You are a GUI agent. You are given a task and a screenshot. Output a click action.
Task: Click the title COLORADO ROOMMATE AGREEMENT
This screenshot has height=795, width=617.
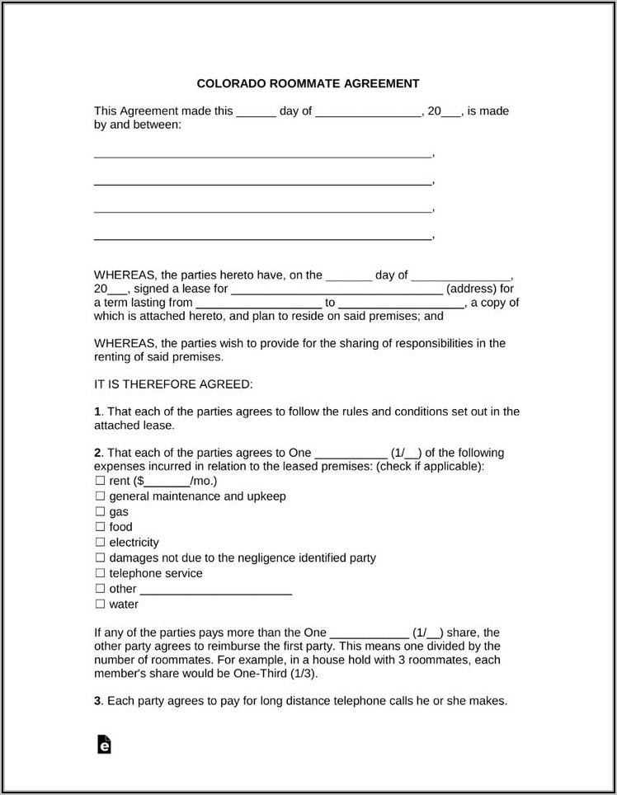click(x=308, y=83)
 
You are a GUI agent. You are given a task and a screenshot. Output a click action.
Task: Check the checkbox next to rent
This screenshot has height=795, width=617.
click(x=100, y=481)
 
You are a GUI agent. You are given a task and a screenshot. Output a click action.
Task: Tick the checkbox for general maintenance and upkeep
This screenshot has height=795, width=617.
click(x=100, y=496)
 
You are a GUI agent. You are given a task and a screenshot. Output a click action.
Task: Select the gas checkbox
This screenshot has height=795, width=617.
click(x=100, y=511)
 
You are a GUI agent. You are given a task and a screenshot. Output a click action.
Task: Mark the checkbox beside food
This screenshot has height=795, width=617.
click(x=100, y=527)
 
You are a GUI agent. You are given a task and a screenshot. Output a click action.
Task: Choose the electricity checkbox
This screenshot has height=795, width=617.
click(x=100, y=543)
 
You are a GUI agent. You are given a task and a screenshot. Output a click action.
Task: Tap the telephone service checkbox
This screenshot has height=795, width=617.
click(x=100, y=573)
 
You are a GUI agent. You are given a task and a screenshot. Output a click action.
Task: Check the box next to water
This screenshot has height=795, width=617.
click(x=100, y=604)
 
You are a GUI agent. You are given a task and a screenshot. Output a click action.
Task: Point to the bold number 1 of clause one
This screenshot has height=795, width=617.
click(x=97, y=412)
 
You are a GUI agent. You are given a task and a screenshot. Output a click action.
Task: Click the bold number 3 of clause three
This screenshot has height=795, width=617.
click(x=97, y=701)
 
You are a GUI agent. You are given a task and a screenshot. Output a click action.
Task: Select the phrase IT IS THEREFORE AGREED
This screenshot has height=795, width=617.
click(x=173, y=384)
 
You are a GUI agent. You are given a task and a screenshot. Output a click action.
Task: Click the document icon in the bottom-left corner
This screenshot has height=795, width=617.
click(x=104, y=744)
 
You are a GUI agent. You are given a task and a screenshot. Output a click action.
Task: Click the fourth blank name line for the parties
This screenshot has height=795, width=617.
click(x=262, y=238)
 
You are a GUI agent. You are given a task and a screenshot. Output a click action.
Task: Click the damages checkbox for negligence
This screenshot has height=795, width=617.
click(x=100, y=557)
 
